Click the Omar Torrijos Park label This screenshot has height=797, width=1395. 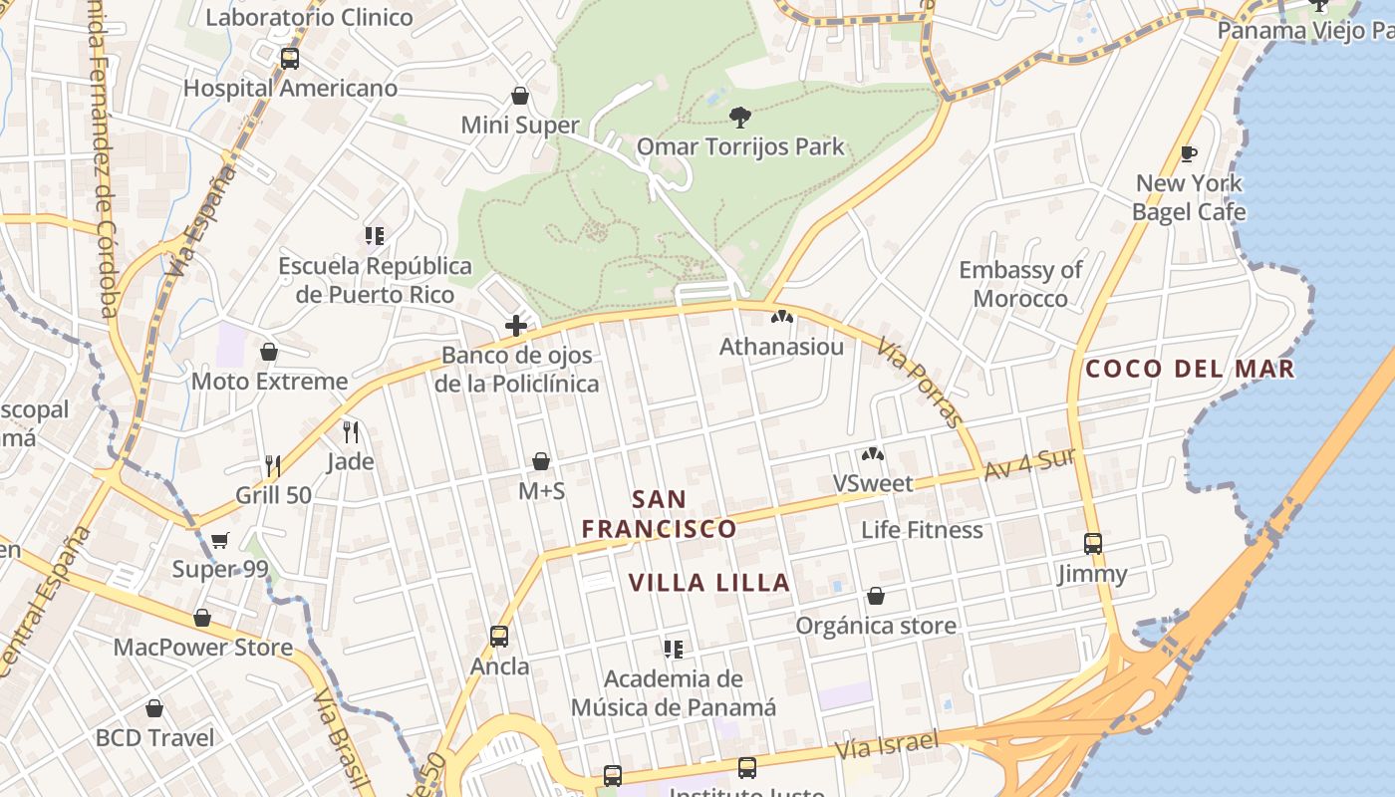pyautogui.click(x=740, y=147)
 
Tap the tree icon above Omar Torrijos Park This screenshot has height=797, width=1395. pyautogui.click(x=739, y=118)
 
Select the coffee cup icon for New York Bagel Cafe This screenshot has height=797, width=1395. pyautogui.click(x=1188, y=153)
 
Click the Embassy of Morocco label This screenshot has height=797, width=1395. pyautogui.click(x=1020, y=284)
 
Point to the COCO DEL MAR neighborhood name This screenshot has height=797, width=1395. pyautogui.click(x=1190, y=369)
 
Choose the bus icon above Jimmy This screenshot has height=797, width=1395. pyautogui.click(x=1093, y=544)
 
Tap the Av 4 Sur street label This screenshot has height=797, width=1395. pyautogui.click(x=1030, y=464)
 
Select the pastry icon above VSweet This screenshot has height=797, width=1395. pyautogui.click(x=873, y=454)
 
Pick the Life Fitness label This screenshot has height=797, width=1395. pyautogui.click(x=922, y=530)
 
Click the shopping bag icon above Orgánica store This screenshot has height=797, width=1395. pyautogui.click(x=875, y=596)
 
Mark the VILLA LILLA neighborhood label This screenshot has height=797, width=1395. pyautogui.click(x=709, y=583)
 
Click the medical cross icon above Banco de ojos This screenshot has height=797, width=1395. pyautogui.click(x=516, y=325)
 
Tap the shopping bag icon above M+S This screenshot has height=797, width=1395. pyautogui.click(x=541, y=461)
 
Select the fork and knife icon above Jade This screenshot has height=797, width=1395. pyautogui.click(x=350, y=431)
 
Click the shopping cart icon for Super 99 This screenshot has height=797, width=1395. pyautogui.click(x=220, y=540)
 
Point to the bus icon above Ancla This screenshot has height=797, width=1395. pyautogui.click(x=499, y=636)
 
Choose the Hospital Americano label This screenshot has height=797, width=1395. pyautogui.click(x=290, y=89)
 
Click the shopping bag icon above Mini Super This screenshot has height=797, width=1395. pyautogui.click(x=519, y=96)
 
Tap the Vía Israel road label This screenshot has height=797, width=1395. pyautogui.click(x=887, y=744)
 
